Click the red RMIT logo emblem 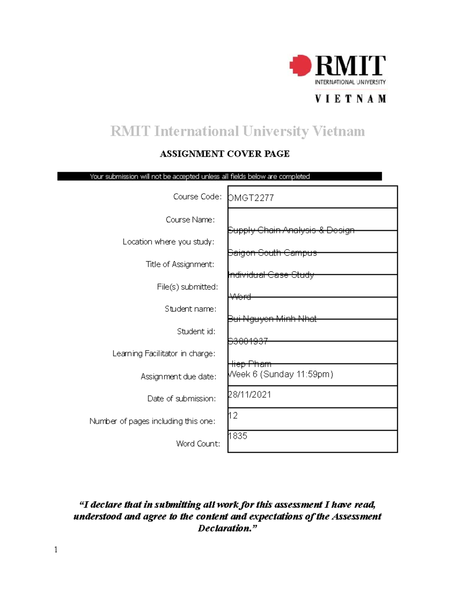point(301,65)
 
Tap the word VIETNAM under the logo point(350,99)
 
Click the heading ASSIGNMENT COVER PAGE point(225,154)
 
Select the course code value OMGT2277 point(251,198)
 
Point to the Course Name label point(190,220)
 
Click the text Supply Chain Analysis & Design point(291,230)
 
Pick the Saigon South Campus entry point(272,253)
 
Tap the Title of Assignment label point(180,264)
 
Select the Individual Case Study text point(271,275)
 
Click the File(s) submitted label point(187,287)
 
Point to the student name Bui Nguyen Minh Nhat point(272,319)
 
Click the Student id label point(196,331)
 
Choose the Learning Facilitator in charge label point(164,354)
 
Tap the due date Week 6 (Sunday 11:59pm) point(280,374)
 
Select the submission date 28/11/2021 point(249,395)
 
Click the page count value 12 point(233,416)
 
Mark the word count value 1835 point(237,436)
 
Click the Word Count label point(198,444)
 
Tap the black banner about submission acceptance point(219,177)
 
